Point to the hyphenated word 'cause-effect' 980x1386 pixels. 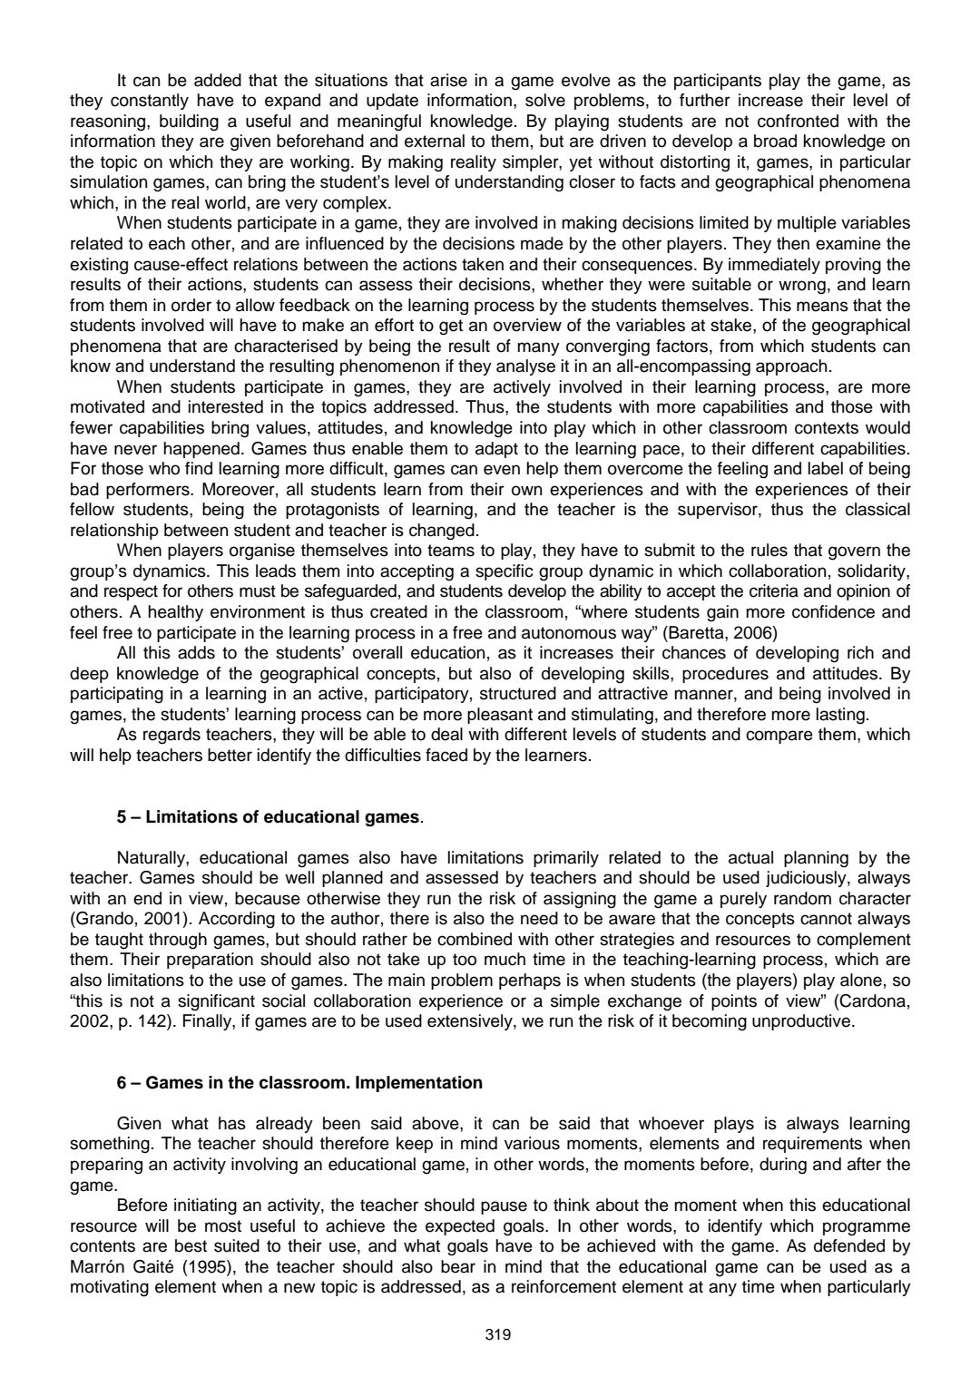coord(174,264)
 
